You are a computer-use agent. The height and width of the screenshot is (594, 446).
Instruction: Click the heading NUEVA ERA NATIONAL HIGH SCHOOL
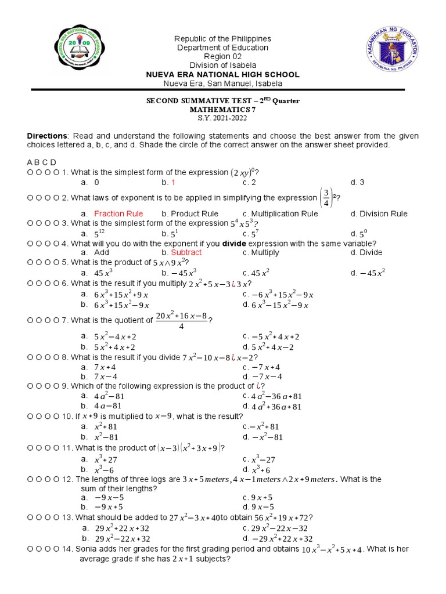[x=223, y=74]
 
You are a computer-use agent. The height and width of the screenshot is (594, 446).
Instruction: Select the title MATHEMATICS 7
[x=222, y=109]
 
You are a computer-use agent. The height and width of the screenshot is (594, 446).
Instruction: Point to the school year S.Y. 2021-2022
[x=222, y=118]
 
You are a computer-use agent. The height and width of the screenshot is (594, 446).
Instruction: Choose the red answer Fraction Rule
[x=118, y=213]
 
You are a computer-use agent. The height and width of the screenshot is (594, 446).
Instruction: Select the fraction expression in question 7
[x=182, y=320]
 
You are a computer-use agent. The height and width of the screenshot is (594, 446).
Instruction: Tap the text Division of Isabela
[x=223, y=65]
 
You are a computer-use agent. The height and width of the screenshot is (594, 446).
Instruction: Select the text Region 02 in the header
[x=223, y=56]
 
